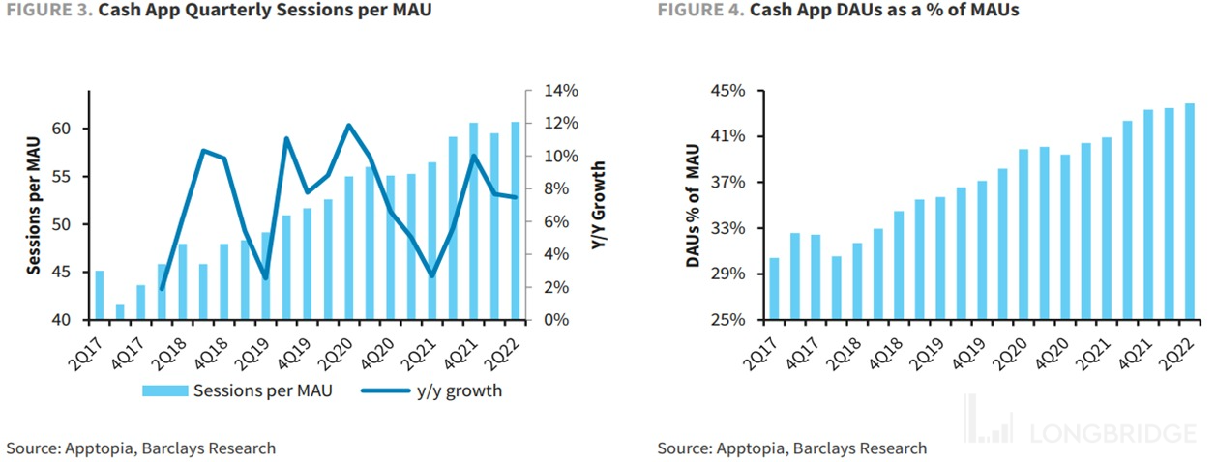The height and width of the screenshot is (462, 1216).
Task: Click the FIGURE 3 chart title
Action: [219, 11]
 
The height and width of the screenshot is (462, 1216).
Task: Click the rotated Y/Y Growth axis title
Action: [598, 204]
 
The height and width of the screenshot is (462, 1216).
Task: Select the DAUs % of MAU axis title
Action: [693, 204]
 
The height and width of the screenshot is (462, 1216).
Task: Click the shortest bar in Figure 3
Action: [120, 312]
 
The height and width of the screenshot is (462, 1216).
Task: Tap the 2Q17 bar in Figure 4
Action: [774, 289]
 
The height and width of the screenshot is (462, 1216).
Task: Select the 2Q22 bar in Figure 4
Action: [1189, 212]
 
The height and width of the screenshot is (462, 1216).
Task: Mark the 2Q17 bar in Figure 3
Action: [99, 295]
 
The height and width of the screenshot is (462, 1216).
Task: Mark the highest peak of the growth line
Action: [349, 125]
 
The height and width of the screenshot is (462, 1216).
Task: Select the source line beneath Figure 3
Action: [141, 448]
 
